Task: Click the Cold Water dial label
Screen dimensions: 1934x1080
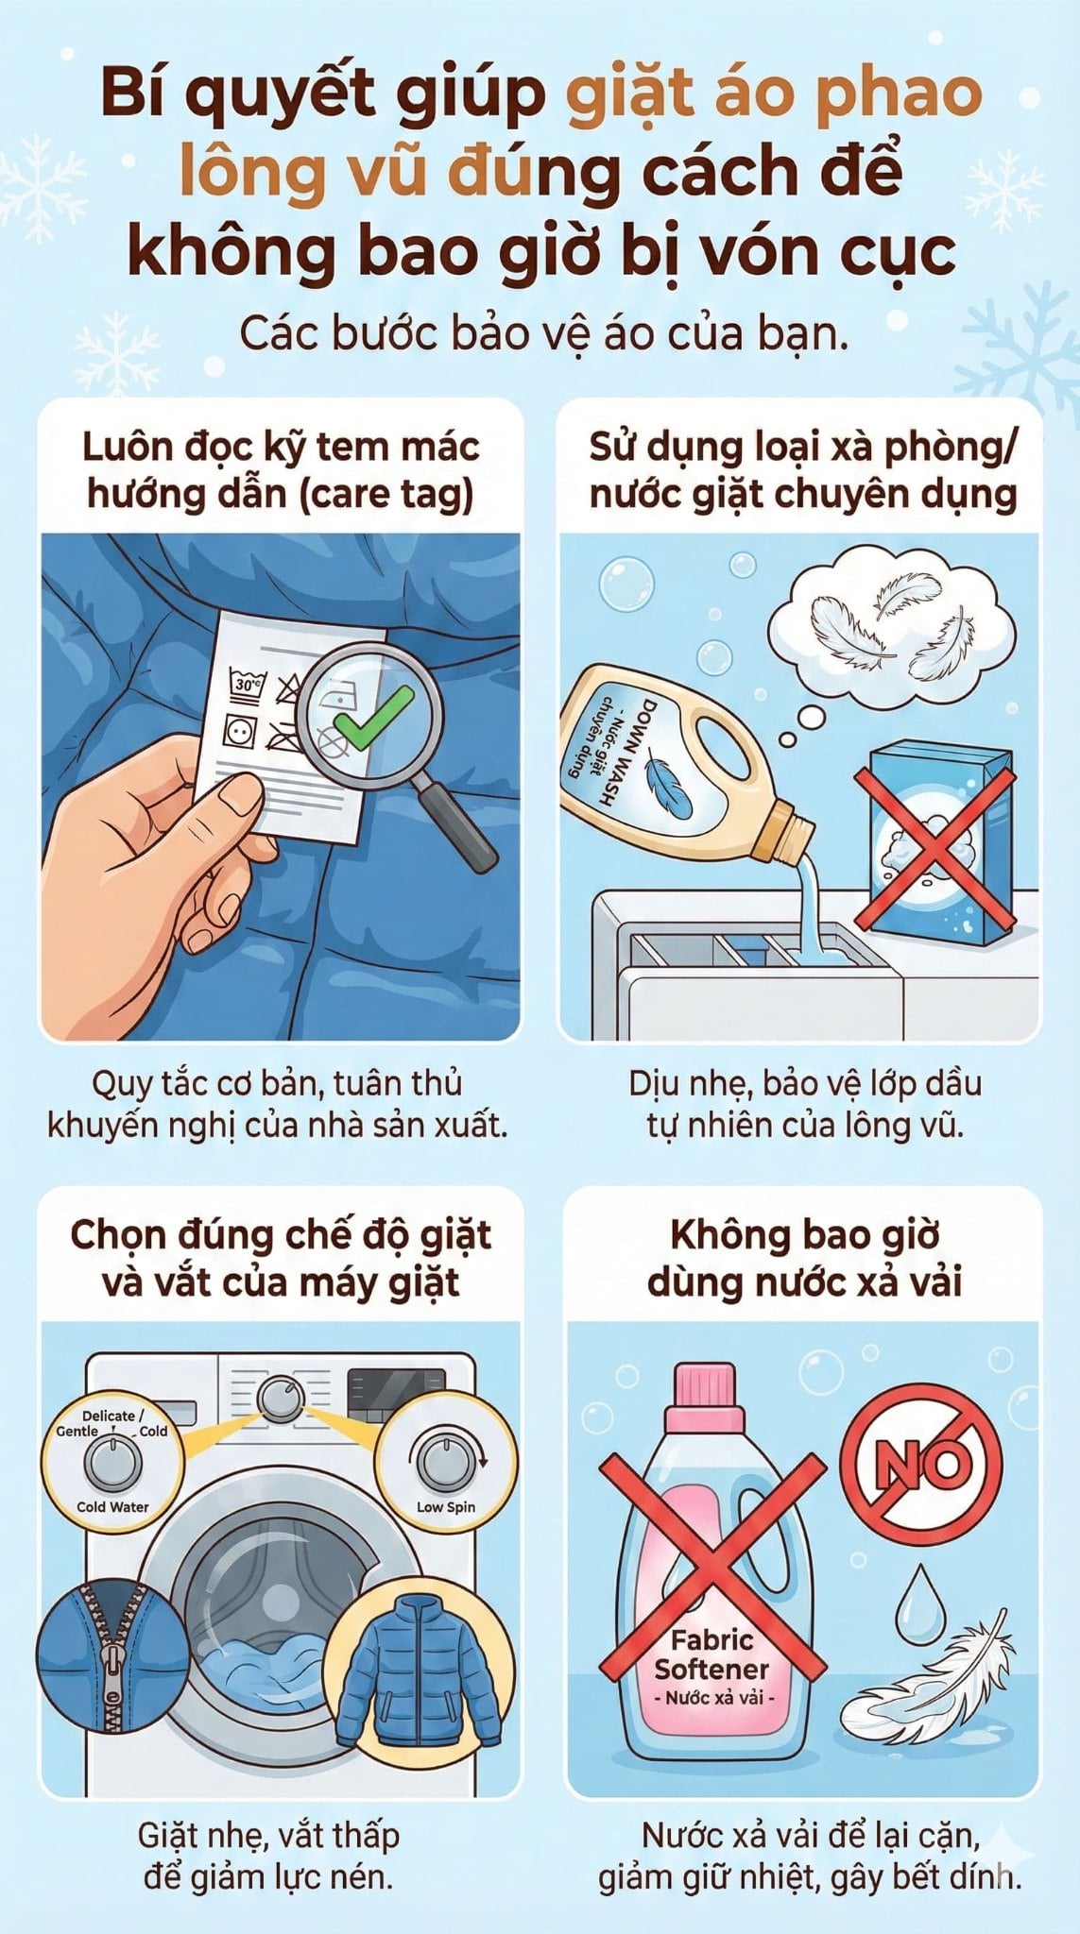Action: pos(113,1507)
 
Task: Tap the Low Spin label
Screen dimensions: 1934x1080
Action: pos(446,1507)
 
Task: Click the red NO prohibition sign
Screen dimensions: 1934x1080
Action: pos(921,1463)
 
